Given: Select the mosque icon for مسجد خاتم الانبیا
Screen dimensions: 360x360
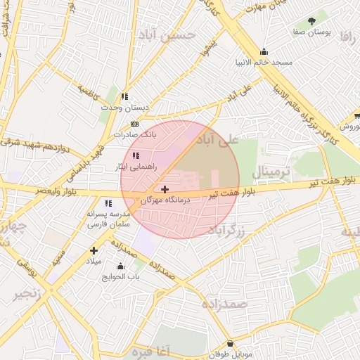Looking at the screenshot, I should [264, 51].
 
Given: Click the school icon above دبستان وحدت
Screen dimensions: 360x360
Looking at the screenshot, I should [124, 96].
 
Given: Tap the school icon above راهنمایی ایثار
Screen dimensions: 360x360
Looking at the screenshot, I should [135, 155].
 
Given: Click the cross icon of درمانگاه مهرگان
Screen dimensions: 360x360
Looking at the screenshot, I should [165, 189].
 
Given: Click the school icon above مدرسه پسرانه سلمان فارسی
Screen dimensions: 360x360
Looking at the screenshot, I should [108, 202].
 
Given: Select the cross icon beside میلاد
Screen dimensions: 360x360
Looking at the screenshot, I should [94, 250].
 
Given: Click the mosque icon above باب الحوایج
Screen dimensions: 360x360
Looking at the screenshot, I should [120, 266].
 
